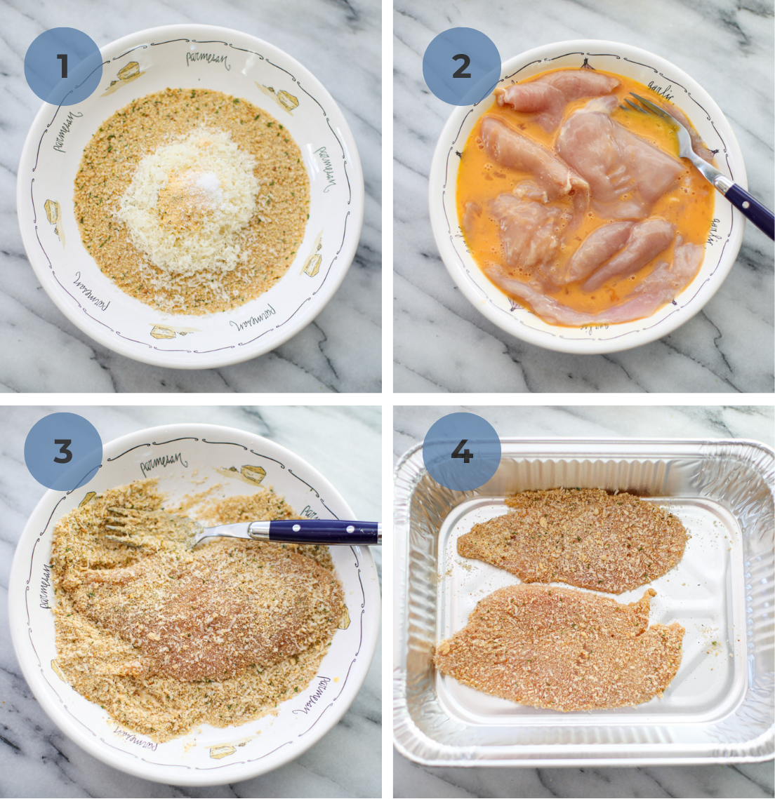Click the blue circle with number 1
click(x=63, y=67)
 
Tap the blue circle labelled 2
click(x=461, y=67)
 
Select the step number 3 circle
click(x=63, y=452)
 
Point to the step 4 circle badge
click(x=461, y=452)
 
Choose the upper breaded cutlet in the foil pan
click(x=572, y=537)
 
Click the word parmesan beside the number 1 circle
click(x=207, y=59)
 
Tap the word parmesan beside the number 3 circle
click(x=164, y=463)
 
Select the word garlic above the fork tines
click(x=660, y=91)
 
